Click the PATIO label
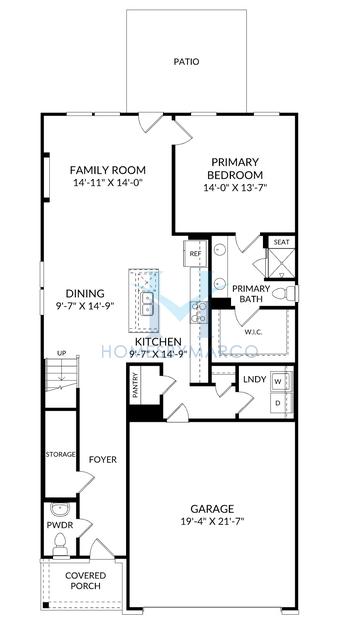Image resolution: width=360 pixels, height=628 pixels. (x=186, y=62)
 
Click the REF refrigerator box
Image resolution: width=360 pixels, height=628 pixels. (x=195, y=254)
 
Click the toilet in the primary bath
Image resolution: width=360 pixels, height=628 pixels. (x=291, y=293)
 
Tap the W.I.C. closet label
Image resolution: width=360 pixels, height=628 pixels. (x=255, y=331)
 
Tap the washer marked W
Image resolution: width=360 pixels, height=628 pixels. (x=278, y=382)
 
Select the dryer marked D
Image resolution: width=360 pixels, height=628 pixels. (x=278, y=403)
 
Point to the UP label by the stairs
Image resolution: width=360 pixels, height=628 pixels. (x=61, y=353)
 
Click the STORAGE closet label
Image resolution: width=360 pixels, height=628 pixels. (x=61, y=455)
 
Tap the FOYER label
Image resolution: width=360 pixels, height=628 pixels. (x=103, y=460)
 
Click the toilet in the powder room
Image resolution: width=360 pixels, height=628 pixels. (x=60, y=544)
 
